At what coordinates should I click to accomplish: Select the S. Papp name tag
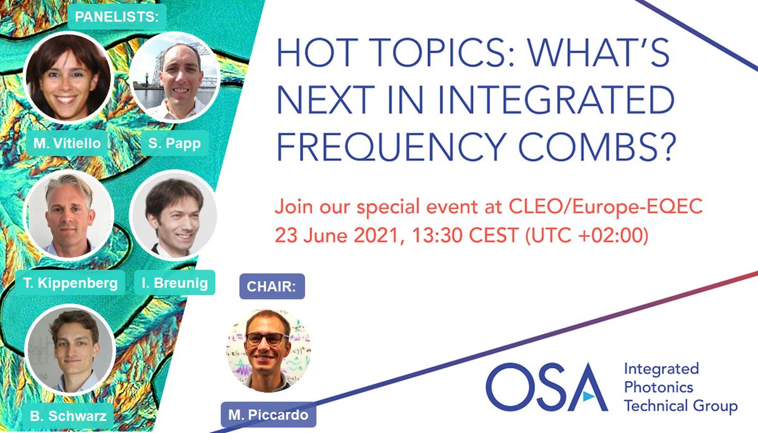coord(175,143)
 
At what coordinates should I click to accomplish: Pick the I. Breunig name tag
coord(174,283)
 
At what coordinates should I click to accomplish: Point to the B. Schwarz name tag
coord(68,417)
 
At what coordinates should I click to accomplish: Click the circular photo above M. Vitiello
coord(68,77)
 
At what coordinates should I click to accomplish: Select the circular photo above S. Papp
coord(175,77)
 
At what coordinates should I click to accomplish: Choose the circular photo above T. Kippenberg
coord(68,215)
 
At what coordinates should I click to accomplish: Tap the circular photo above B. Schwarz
coord(69,351)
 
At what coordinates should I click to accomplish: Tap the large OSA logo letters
coord(546,386)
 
